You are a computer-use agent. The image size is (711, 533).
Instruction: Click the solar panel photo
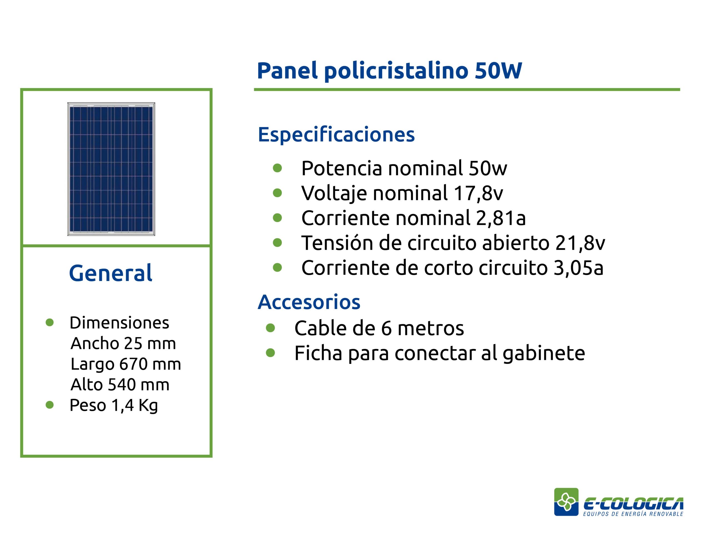click(x=111, y=169)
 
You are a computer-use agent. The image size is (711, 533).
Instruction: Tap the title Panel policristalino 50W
click(x=389, y=71)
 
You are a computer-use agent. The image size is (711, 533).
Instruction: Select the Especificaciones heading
click(x=336, y=134)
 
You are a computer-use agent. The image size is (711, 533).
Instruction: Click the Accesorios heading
click(x=309, y=302)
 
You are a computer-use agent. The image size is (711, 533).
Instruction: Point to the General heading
click(x=111, y=273)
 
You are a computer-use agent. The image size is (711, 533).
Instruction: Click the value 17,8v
click(x=478, y=193)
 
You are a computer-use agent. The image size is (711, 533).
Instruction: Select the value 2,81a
click(x=501, y=218)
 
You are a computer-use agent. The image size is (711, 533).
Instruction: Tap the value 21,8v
click(x=580, y=243)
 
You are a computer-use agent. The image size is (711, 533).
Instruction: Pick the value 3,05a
click(x=578, y=268)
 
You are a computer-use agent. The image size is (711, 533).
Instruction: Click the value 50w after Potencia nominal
click(x=488, y=168)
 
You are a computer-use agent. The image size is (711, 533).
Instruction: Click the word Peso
click(x=88, y=405)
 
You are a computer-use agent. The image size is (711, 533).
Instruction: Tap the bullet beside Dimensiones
click(x=50, y=323)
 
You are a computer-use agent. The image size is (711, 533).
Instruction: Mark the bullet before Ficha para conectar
click(x=271, y=353)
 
